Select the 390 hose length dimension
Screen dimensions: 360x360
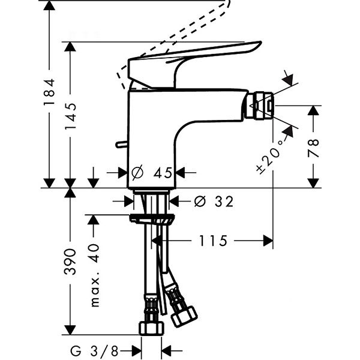(x=71, y=261)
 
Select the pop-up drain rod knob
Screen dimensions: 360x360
(x=121, y=144)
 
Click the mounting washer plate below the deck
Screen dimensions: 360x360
(x=153, y=218)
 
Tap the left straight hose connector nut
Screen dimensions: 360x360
(x=151, y=328)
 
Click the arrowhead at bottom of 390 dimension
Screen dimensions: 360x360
(x=71, y=329)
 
